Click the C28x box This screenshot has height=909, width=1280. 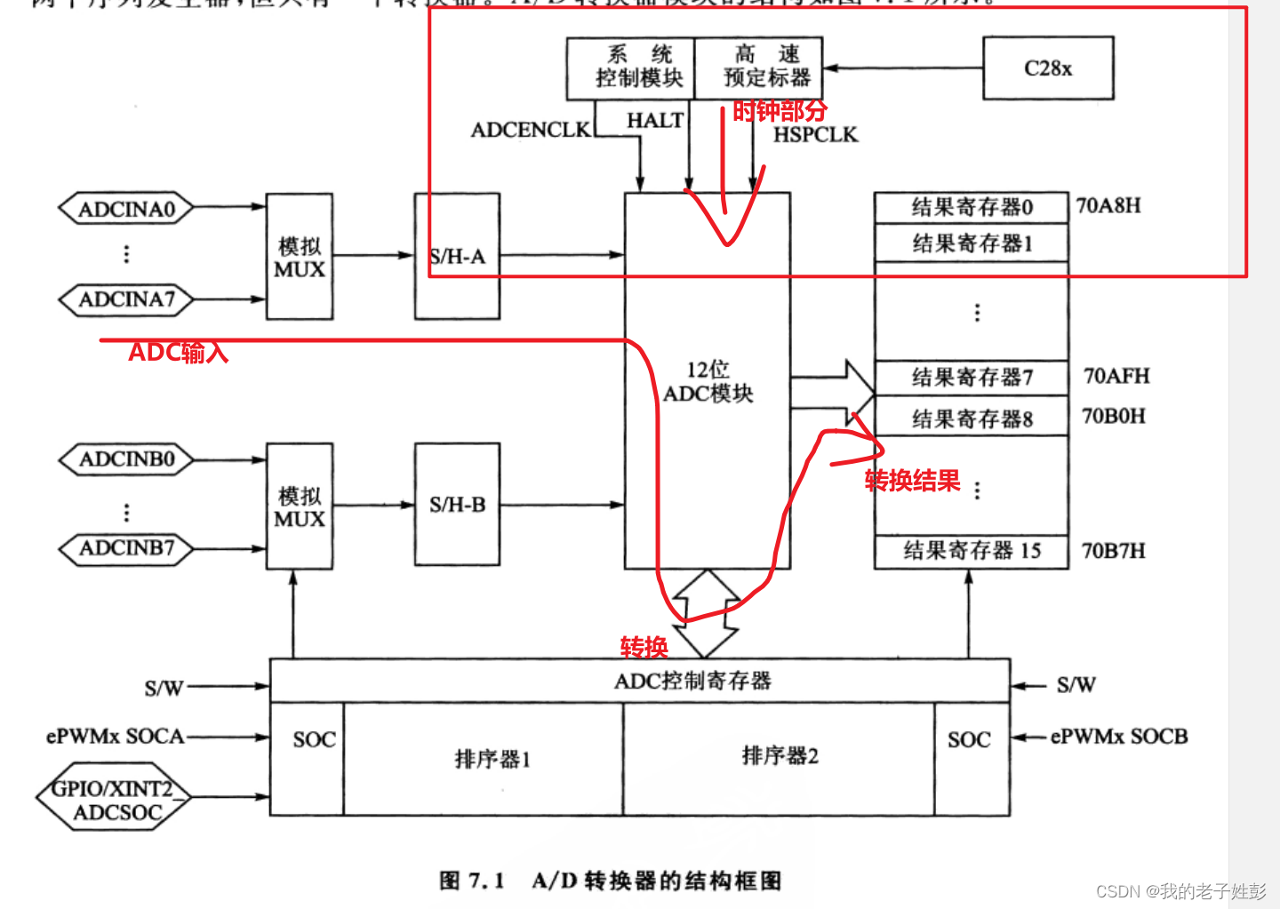[x=1048, y=68]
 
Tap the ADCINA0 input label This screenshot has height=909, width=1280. [x=126, y=209]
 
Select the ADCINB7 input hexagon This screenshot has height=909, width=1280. [x=126, y=548]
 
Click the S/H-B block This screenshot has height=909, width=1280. [x=457, y=505]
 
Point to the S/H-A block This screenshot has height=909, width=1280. [x=457, y=256]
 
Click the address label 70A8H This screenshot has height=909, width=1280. [x=1108, y=206]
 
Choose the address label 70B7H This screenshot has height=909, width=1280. [x=1113, y=551]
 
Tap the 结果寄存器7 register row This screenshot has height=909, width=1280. [x=972, y=378]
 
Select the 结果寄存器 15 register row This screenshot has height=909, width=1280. [x=972, y=551]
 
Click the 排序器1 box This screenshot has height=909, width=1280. [x=492, y=759]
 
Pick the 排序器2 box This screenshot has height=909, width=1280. [x=780, y=756]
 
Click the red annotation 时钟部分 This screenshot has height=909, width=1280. [x=780, y=111]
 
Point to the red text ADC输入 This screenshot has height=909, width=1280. [x=178, y=353]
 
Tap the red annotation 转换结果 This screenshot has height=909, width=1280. [x=912, y=481]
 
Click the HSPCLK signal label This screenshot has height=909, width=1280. [x=815, y=135]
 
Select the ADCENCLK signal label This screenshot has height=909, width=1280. [x=531, y=130]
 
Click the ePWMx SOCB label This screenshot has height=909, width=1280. [x=1119, y=737]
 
